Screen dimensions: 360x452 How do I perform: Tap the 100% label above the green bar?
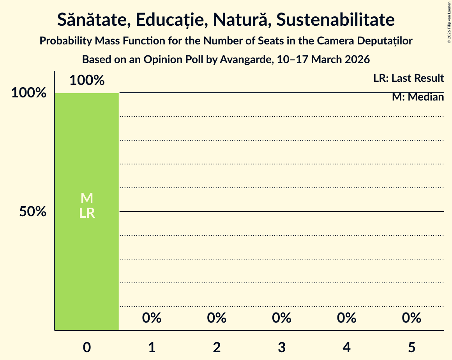87,81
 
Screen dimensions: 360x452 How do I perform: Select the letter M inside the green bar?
87,198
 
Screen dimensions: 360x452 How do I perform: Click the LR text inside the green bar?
87,213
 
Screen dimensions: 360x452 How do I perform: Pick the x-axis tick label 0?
87,348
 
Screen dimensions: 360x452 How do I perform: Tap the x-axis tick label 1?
152,348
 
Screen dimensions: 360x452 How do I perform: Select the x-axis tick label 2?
217,348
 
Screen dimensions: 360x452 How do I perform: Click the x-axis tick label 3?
282,348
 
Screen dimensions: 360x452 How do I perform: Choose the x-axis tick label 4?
346,348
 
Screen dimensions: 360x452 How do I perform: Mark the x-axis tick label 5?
411,348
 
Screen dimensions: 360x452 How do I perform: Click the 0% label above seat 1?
152,318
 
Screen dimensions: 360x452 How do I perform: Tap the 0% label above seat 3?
282,318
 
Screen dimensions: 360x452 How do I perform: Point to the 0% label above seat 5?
411,318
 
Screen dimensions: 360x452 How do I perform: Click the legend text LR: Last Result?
408,78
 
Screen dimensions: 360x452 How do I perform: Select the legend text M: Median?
418,97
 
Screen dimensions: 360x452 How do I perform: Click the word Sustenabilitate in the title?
335,20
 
